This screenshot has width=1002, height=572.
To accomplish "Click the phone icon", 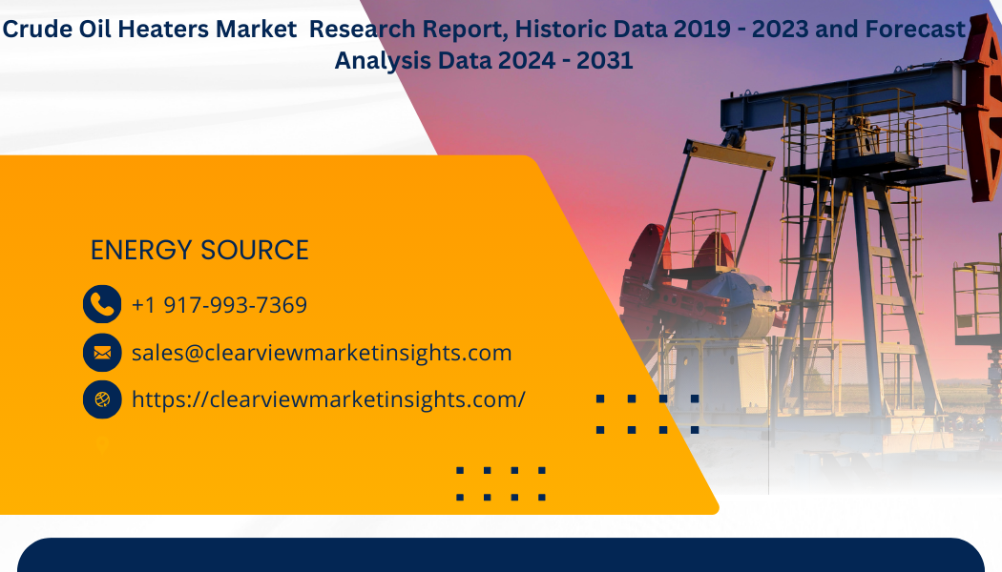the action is tap(102, 304).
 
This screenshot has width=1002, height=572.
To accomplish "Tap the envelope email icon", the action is tap(102, 353).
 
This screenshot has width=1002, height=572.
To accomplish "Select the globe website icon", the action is tap(102, 399).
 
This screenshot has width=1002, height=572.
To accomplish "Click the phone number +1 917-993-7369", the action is tap(219, 305).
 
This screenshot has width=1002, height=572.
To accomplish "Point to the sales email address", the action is tap(322, 353).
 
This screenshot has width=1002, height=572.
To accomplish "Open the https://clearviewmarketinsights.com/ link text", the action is tap(328, 399).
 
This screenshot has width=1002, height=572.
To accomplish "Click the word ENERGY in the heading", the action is tap(140, 250).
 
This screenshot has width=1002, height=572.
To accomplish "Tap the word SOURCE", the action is tap(255, 250).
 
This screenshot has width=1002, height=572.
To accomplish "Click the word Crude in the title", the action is tap(38, 30).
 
